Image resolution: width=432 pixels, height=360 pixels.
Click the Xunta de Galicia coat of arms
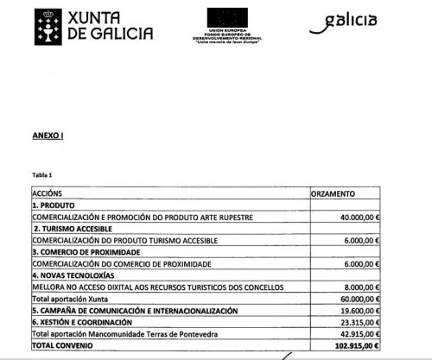click(48, 26)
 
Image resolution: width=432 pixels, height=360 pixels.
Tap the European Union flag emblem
click(227, 18)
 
